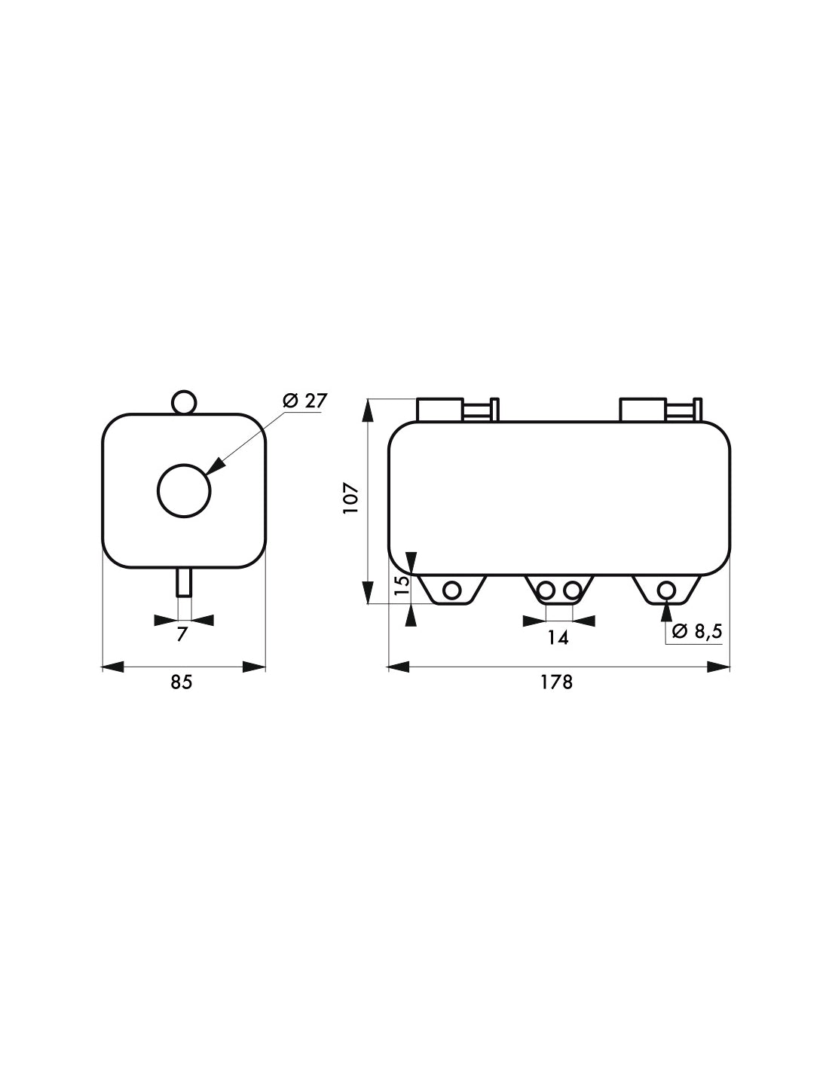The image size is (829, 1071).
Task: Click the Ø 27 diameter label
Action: (305, 401)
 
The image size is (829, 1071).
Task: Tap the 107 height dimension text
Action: (352, 499)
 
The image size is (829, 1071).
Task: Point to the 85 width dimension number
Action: (182, 682)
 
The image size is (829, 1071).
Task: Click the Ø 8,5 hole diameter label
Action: (697, 631)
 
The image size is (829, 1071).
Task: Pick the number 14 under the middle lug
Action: (558, 638)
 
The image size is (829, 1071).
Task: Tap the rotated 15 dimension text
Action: (402, 584)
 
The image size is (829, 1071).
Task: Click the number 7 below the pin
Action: (183, 634)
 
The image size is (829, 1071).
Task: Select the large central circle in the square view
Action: (184, 491)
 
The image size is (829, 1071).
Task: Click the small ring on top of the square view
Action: (183, 401)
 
